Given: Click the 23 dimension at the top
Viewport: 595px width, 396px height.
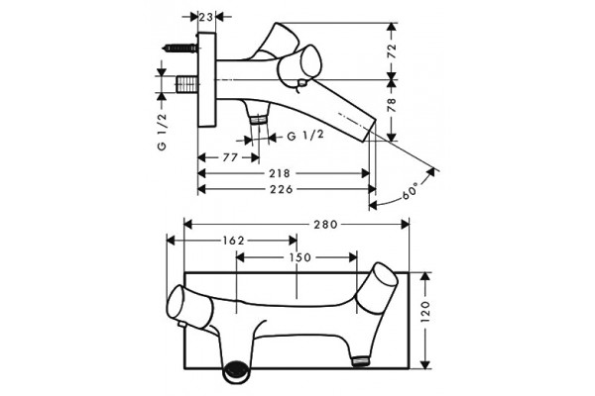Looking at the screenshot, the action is click(206, 17).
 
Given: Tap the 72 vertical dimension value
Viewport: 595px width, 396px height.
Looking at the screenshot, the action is click(392, 50).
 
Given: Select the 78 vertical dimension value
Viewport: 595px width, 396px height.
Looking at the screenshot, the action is click(392, 105).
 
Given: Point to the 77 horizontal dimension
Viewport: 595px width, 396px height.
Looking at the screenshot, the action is click(230, 157).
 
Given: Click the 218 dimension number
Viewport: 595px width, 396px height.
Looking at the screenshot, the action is click(280, 173).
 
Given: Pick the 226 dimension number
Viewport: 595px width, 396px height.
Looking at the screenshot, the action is click(282, 189).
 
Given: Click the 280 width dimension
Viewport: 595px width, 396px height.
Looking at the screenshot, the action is click(325, 225).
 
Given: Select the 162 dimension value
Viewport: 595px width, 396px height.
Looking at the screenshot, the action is click(233, 241).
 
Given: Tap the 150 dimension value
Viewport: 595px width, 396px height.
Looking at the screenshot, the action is click(300, 257).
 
